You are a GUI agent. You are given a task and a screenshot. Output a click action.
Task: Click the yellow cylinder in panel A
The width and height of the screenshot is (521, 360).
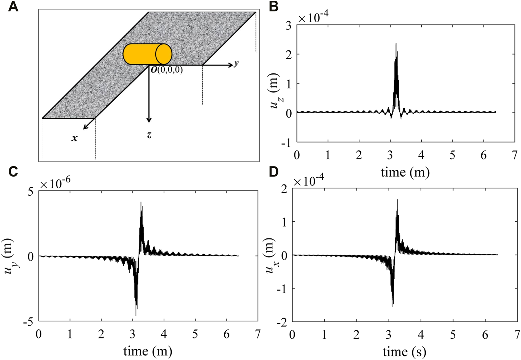[147, 54]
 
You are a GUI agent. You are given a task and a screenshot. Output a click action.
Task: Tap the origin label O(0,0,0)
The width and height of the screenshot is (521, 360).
[166, 70]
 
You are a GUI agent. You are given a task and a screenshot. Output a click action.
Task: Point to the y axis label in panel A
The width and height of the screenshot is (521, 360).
[236, 63]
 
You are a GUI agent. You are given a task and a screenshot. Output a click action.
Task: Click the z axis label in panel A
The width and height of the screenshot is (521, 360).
[149, 135]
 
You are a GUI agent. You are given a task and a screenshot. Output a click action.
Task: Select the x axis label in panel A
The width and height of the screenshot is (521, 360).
[74, 138]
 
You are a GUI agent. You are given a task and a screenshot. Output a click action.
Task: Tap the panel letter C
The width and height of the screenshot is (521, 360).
[13, 172]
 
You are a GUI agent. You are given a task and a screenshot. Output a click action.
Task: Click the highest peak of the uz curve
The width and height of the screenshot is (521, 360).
[396, 44]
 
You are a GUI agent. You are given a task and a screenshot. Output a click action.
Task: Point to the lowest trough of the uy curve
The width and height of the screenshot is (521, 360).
[136, 315]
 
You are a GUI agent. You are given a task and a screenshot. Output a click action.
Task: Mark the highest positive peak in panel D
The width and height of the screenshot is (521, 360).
[397, 200]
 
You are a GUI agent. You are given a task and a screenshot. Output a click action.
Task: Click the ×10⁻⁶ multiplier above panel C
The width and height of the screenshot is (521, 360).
[55, 184]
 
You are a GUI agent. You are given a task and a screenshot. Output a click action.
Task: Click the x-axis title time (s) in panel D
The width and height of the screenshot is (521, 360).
[404, 352]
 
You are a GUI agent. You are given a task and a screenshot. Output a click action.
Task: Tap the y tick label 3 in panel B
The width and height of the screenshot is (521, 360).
[288, 25]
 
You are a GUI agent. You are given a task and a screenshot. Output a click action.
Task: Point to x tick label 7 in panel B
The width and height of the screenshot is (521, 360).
[514, 155]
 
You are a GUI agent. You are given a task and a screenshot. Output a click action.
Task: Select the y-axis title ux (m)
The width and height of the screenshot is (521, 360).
[270, 255]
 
